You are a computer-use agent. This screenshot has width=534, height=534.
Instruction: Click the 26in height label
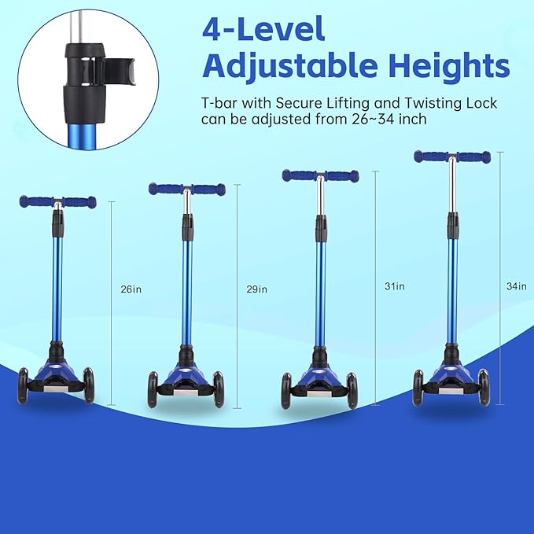[131, 289]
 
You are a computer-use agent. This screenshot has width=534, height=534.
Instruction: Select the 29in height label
[256, 289]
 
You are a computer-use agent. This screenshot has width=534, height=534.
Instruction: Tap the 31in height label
[394, 286]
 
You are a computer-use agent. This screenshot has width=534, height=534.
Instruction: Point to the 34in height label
[517, 286]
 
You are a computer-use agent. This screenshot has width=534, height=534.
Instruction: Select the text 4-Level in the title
[263, 29]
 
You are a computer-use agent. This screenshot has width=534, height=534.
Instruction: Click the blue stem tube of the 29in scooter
[187, 283]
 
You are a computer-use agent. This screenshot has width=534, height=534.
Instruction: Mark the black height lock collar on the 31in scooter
[321, 227]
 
